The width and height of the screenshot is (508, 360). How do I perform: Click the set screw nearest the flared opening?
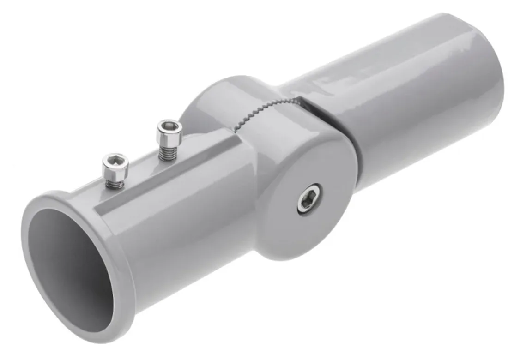click(x=114, y=170)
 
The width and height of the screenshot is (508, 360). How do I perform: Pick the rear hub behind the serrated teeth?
click(x=217, y=99)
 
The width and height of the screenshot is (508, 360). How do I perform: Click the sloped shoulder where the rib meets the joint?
click(x=236, y=143)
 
